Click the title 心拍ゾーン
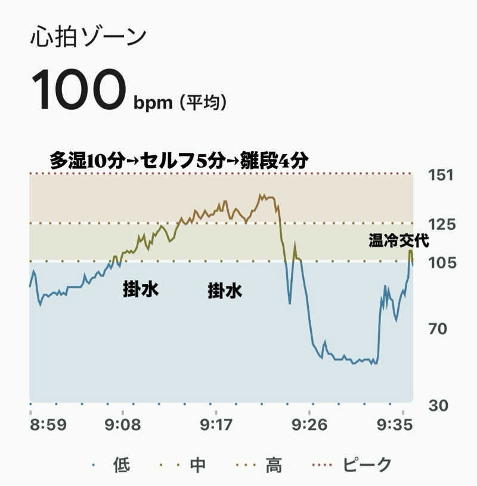click(88, 37)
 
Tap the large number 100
click(78, 90)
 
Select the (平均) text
click(204, 103)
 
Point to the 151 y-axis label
click(441, 175)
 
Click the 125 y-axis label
click(441, 224)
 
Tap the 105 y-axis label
click(441, 262)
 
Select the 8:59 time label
click(48, 425)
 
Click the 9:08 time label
click(123, 425)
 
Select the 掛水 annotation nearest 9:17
click(225, 291)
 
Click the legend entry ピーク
click(368, 464)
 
